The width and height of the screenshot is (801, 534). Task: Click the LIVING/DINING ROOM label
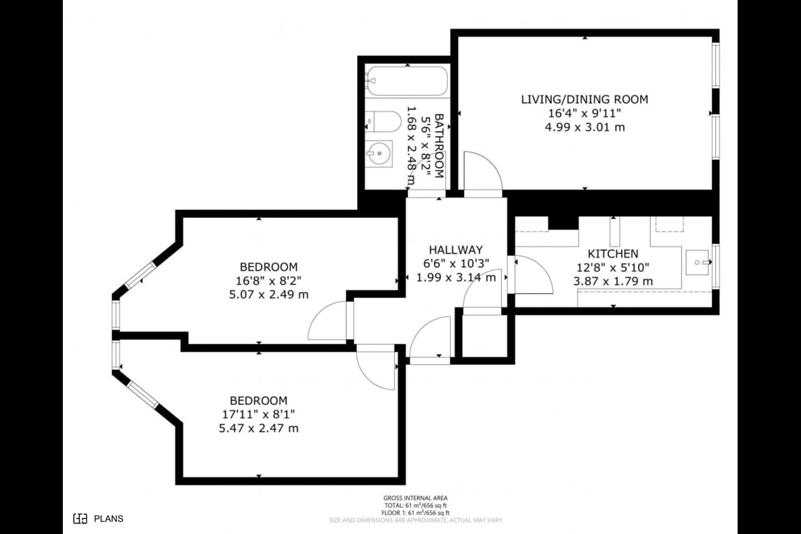tap(584, 100)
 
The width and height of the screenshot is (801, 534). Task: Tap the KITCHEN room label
tap(613, 254)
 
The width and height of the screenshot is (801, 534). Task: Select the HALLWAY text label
tap(456, 250)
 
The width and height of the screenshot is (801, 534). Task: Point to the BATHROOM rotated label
tap(439, 146)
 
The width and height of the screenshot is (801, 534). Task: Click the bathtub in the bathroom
tap(407, 81)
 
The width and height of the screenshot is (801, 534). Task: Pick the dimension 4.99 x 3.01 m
tap(584, 127)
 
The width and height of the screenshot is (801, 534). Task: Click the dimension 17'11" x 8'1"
tap(258, 414)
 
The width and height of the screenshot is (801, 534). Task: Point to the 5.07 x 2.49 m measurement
tap(269, 294)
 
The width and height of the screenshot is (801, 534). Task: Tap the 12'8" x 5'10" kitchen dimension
tap(613, 268)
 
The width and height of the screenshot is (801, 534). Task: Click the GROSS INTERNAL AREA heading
tap(415, 498)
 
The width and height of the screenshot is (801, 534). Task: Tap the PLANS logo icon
tap(80, 519)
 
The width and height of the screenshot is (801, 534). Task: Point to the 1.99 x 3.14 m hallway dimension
tap(456, 277)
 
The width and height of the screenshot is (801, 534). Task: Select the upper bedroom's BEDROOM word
tap(269, 267)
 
